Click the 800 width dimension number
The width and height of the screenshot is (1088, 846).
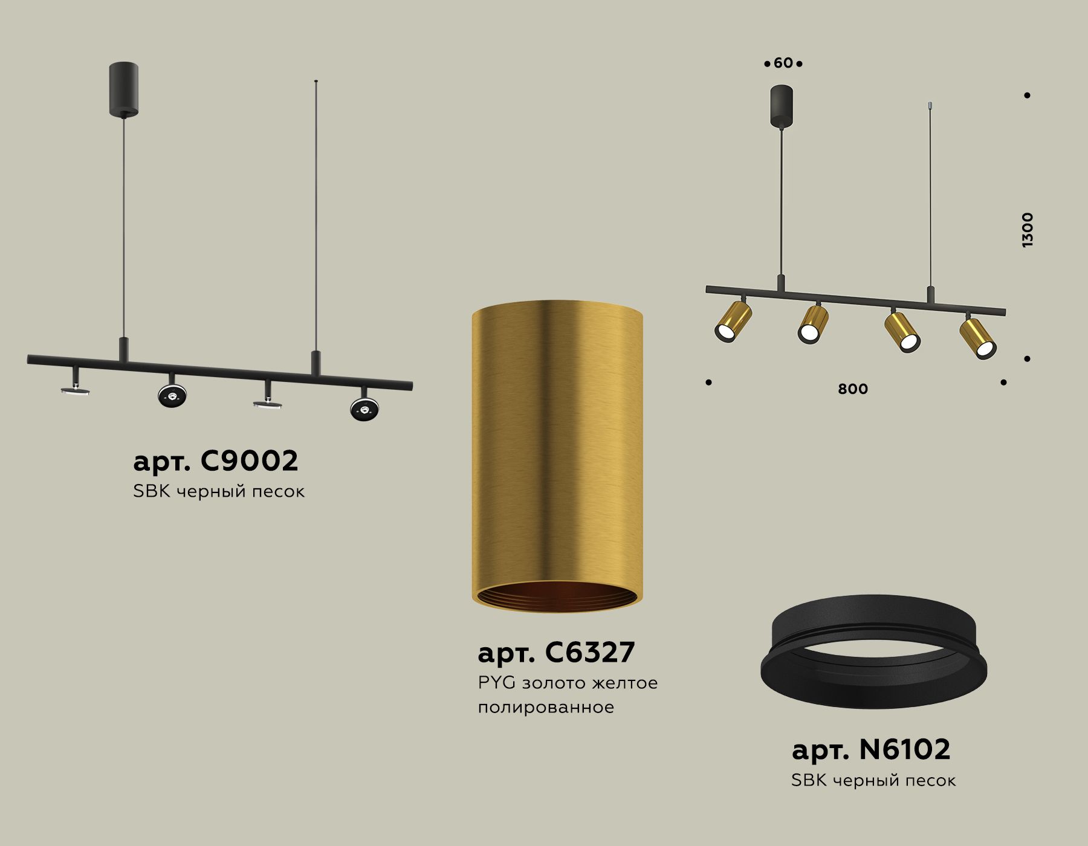point(852,389)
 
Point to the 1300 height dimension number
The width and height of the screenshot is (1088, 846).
point(1027,230)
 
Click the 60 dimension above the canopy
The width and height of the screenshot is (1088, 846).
point(783,63)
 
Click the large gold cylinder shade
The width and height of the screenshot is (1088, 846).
point(557,447)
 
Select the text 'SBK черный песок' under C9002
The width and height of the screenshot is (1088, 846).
point(218,491)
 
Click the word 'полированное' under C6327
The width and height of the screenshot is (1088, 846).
point(545,707)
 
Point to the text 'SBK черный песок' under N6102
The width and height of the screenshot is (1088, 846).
point(873,781)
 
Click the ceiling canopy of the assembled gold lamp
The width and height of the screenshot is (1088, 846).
point(782,106)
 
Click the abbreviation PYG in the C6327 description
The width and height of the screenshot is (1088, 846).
point(496,683)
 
